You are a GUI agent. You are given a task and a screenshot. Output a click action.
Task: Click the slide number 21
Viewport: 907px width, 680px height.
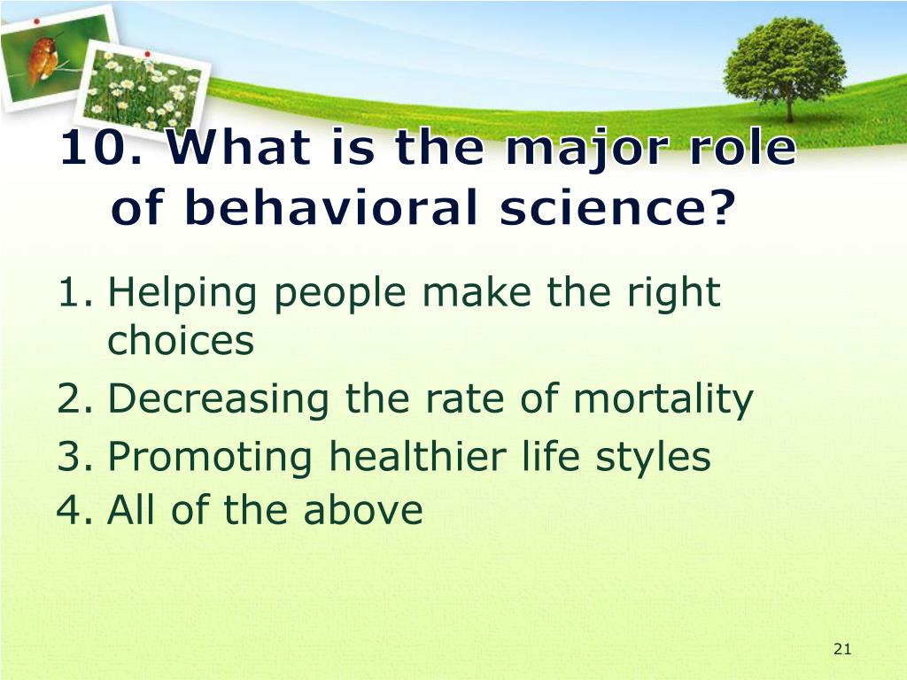pos(842,649)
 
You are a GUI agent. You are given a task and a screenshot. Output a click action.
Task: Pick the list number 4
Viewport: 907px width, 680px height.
pos(74,509)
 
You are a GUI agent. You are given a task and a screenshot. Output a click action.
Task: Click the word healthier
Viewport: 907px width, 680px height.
pos(418,456)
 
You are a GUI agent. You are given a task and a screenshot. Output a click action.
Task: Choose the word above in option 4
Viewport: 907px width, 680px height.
pos(363,509)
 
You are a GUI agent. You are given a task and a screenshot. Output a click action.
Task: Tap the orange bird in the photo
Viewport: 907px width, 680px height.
pos(43,58)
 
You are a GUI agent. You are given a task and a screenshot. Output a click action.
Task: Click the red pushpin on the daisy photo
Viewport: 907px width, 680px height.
pos(148,54)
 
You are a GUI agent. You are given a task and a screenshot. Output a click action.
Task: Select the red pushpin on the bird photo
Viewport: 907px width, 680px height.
pos(36,22)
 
